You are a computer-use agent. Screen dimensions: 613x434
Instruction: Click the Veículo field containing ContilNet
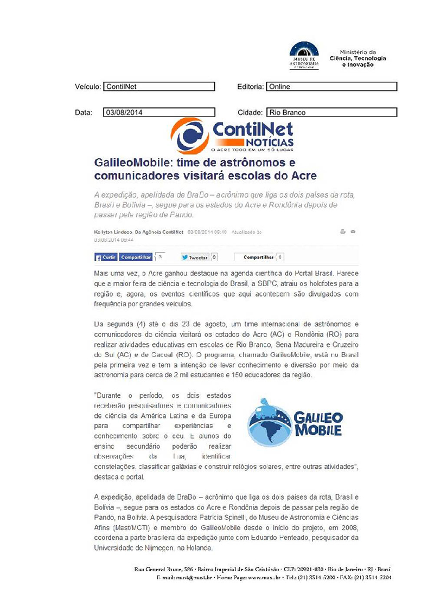click(159, 87)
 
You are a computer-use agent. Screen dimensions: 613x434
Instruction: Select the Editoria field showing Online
click(331, 87)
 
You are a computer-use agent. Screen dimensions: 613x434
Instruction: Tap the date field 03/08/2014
click(159, 113)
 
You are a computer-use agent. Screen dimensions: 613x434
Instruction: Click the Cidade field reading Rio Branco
click(331, 113)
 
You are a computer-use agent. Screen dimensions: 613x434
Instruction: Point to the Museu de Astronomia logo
click(304, 55)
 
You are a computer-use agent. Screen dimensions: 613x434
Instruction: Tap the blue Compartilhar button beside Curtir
click(136, 257)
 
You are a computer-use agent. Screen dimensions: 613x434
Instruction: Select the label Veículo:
click(88, 87)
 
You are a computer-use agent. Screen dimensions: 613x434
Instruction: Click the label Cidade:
click(250, 113)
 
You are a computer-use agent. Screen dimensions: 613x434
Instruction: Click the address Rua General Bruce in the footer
click(158, 570)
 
